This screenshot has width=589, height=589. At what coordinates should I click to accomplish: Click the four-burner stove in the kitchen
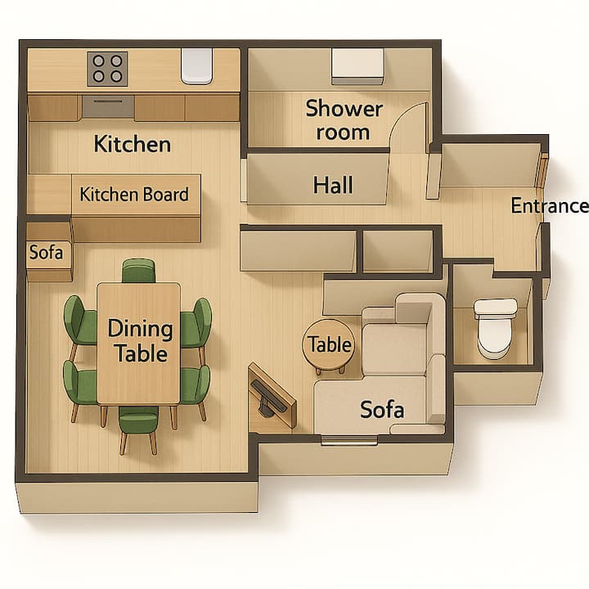point(107,69)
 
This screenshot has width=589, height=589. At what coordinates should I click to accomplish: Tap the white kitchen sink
point(196,65)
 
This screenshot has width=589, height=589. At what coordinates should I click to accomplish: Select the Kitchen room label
point(133,144)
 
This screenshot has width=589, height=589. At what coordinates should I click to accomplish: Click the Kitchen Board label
point(134,195)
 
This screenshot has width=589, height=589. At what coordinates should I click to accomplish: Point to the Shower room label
point(344,119)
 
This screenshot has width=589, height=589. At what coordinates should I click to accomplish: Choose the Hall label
point(333,185)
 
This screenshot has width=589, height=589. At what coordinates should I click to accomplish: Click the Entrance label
point(550,205)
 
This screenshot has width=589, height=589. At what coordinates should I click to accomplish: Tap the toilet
point(495,328)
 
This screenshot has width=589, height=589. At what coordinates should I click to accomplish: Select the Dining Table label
point(141,340)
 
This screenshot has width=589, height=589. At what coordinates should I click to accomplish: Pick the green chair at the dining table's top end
point(138,271)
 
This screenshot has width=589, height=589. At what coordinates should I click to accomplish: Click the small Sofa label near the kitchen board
point(46,252)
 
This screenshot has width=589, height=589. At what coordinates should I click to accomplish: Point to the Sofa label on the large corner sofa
point(382,410)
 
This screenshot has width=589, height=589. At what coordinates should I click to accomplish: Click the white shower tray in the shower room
point(357,66)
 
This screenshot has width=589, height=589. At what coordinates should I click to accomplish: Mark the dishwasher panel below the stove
point(108,106)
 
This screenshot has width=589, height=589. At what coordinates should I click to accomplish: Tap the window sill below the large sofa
point(349,440)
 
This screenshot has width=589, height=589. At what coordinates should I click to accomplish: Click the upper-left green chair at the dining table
point(79,321)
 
